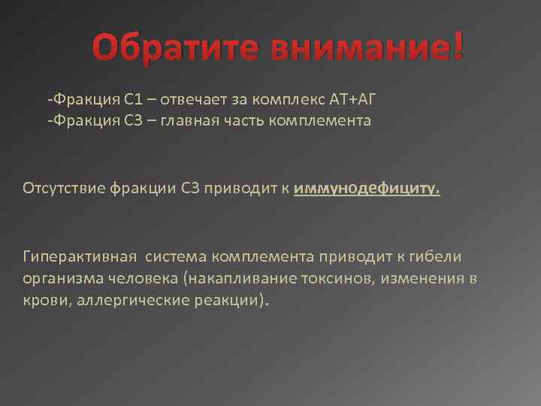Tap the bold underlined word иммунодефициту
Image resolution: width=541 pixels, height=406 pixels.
click(366, 188)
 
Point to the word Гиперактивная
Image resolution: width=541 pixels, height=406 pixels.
click(80, 257)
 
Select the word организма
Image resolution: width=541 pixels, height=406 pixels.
click(62, 279)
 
